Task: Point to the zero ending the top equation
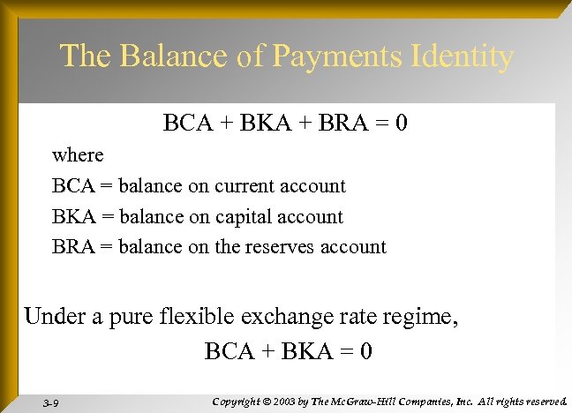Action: click(x=401, y=123)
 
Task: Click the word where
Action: click(x=78, y=155)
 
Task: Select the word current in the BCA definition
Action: click(x=244, y=186)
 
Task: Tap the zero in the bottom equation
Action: click(x=365, y=351)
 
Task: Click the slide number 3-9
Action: click(x=51, y=403)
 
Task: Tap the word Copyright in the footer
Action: click(x=234, y=402)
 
